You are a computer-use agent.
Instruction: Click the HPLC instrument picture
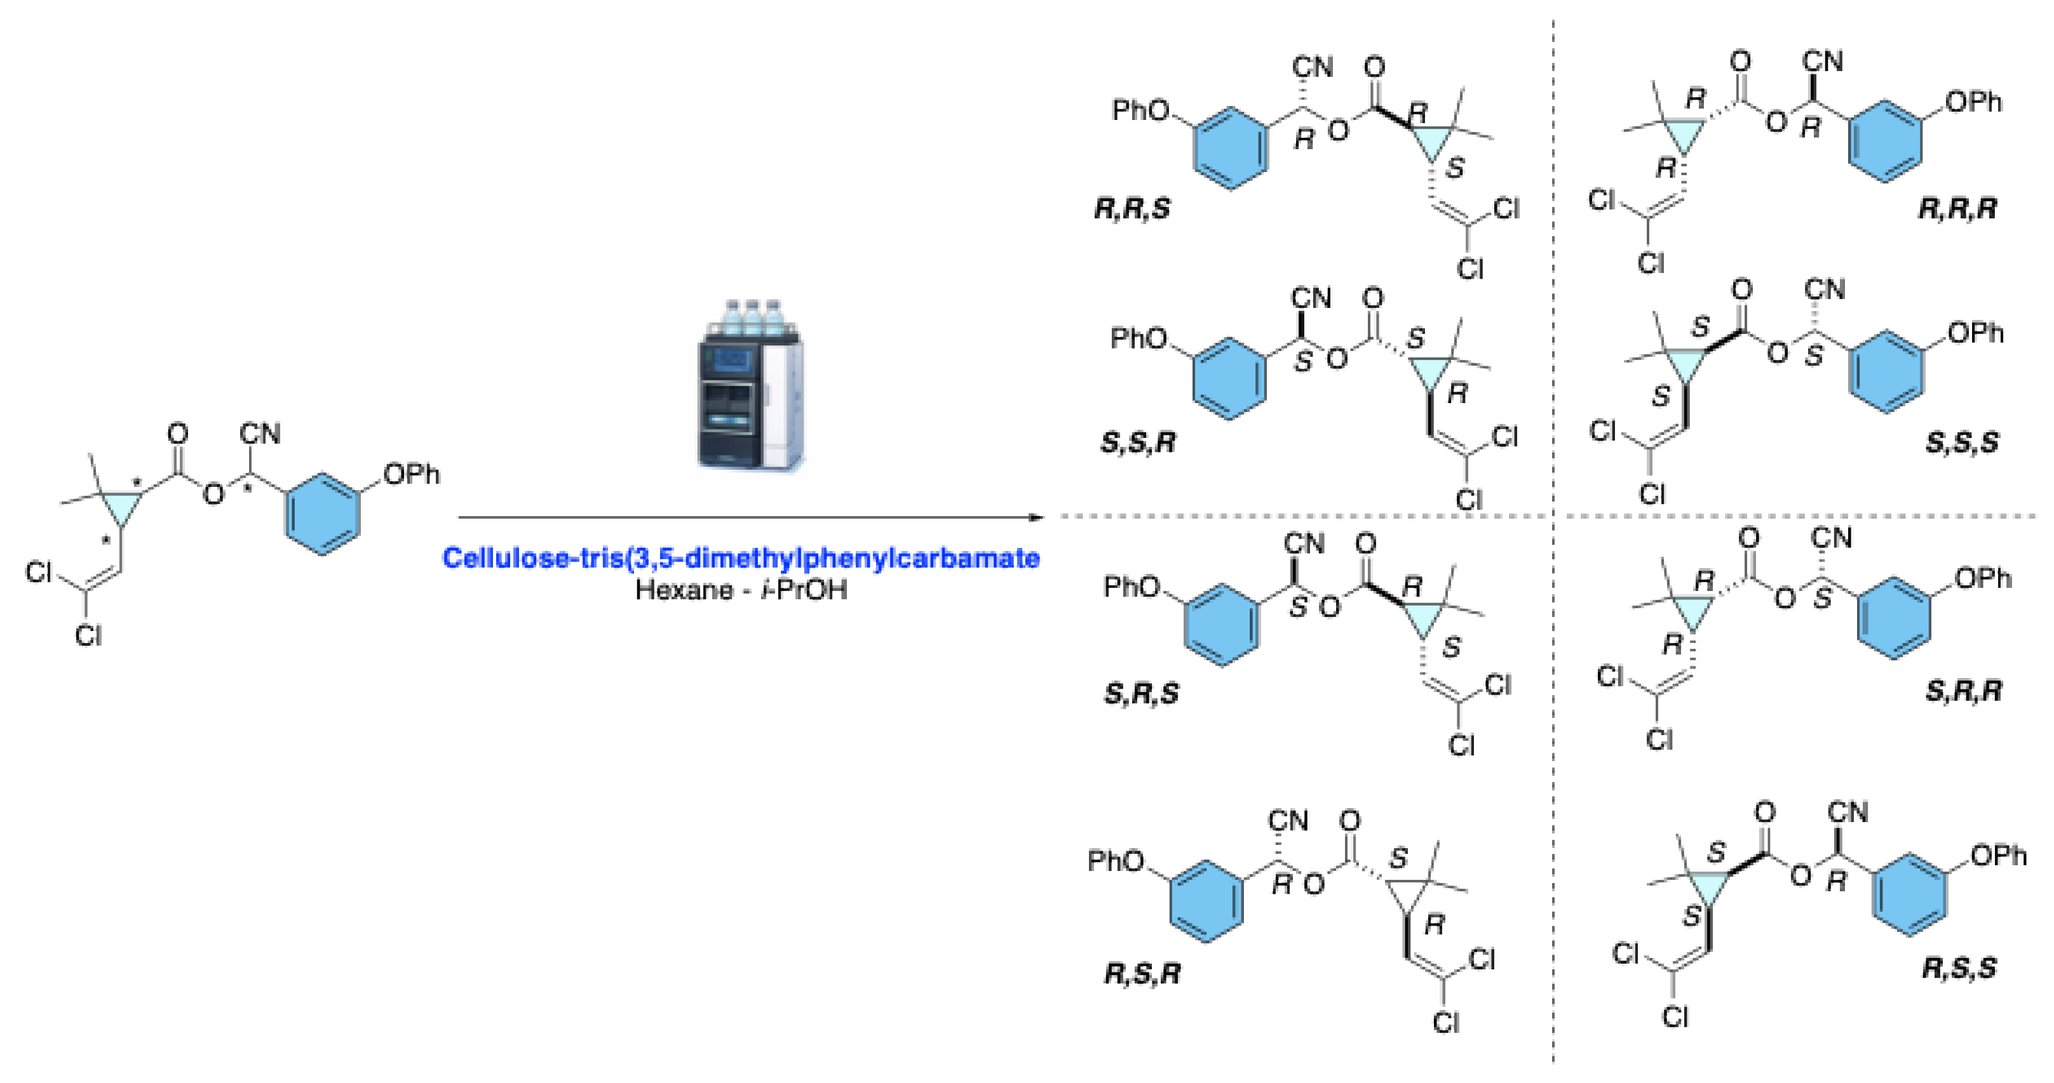pyautogui.click(x=751, y=384)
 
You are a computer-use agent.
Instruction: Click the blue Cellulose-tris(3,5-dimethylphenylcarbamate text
pyautogui.click(x=741, y=558)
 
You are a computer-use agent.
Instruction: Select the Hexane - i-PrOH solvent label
pyautogui.click(x=741, y=590)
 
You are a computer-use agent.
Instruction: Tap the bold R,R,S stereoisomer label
pyautogui.click(x=1132, y=209)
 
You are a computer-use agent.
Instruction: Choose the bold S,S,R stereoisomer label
pyautogui.click(x=1138, y=443)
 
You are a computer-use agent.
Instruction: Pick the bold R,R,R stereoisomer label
pyautogui.click(x=1957, y=209)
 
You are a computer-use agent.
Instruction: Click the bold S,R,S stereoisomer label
pyautogui.click(x=1141, y=694)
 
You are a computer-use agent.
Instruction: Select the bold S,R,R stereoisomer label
pyautogui.click(x=1964, y=691)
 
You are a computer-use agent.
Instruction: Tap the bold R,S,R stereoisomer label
pyautogui.click(x=1142, y=974)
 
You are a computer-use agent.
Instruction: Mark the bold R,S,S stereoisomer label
pyautogui.click(x=1960, y=969)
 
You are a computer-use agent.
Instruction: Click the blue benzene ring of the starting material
pyautogui.click(x=322, y=514)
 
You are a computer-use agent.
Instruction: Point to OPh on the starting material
pyautogui.click(x=412, y=475)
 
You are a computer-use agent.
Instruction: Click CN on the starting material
pyautogui.click(x=260, y=434)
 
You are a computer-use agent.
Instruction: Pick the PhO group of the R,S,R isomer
pyautogui.click(x=1116, y=861)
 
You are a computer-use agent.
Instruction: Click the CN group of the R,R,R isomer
pyautogui.click(x=1823, y=62)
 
